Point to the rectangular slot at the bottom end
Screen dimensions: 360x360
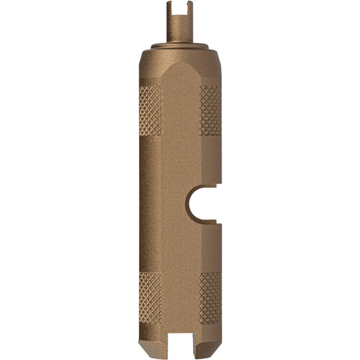pos(180,341)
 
